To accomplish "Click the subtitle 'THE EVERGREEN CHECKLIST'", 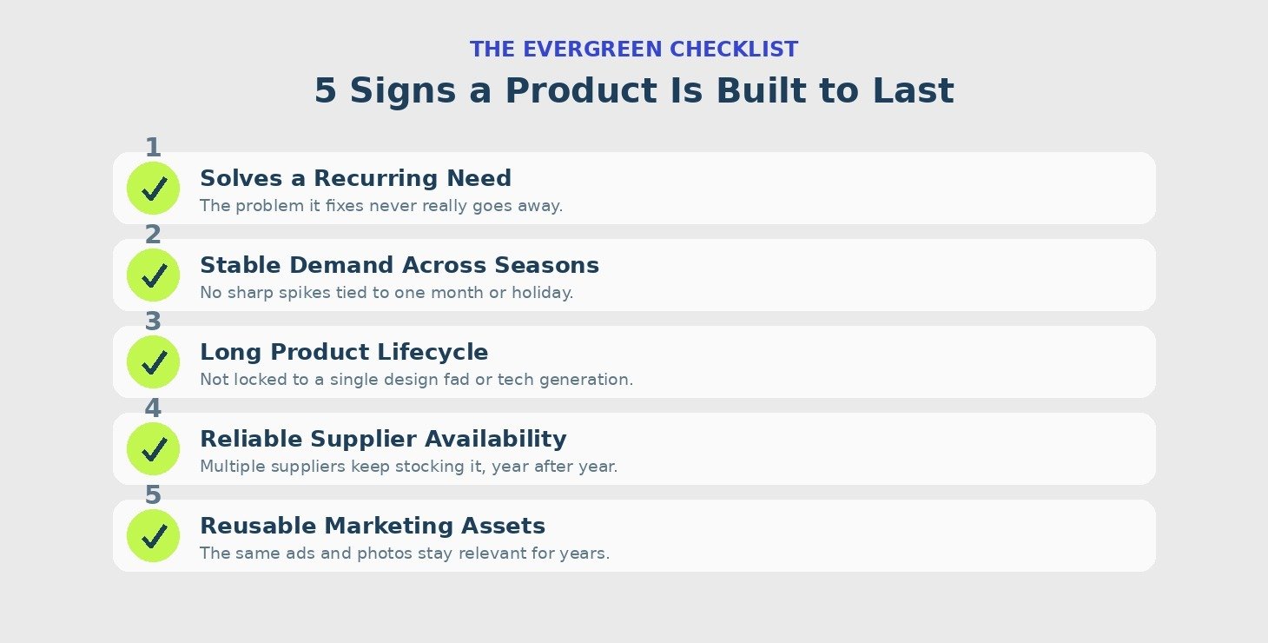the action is [634, 50].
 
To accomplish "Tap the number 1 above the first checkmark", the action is [153, 148].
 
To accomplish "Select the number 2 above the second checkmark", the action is [153, 235].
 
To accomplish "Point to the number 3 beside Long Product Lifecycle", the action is [153, 321].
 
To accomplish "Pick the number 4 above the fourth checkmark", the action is [153, 408].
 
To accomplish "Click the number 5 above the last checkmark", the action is [153, 495].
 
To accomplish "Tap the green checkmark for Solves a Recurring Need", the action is [153, 188].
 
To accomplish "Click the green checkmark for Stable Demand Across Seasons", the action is [153, 275].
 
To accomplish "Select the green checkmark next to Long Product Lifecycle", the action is [153, 362].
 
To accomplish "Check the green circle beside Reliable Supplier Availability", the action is [153, 448].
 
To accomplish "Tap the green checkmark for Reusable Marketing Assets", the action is [153, 536].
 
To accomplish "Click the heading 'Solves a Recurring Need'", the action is [355, 178].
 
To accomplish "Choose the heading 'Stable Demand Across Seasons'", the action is [400, 265].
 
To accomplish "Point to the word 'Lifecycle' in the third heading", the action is [433, 353].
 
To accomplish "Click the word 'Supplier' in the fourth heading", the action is [363, 440].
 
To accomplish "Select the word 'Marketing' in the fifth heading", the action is [389, 527].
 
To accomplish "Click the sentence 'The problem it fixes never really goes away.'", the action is [381, 206].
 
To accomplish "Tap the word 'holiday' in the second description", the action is [540, 293].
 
